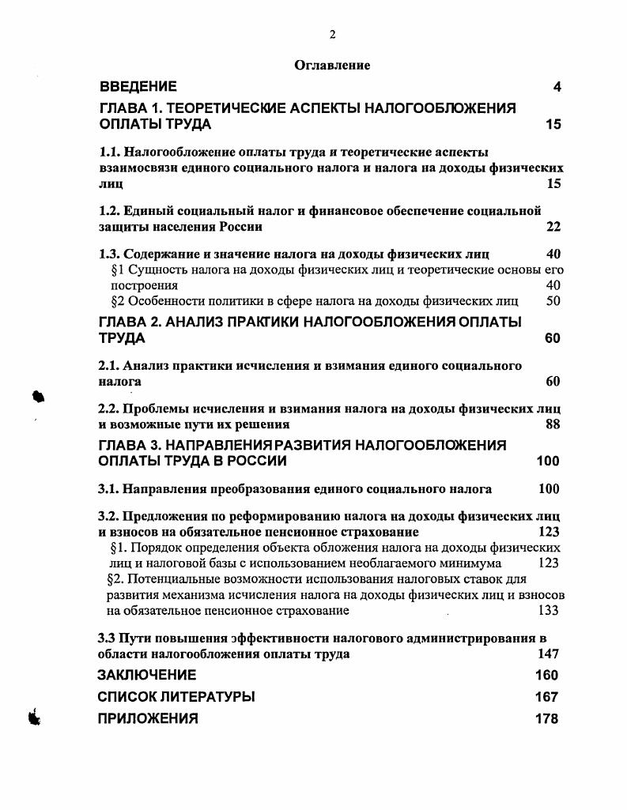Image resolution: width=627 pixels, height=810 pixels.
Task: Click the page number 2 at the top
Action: [x=332, y=34]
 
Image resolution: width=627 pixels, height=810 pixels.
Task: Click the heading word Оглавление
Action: [x=332, y=66]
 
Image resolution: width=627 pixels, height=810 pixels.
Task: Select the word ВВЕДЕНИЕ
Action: [x=138, y=86]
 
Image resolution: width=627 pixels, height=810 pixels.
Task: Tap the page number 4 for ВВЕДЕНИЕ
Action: [x=557, y=87]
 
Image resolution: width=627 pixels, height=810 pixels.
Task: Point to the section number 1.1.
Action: [x=108, y=152]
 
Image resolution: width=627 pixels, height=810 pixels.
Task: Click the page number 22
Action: [x=553, y=227]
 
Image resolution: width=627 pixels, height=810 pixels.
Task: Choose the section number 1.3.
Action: [x=108, y=254]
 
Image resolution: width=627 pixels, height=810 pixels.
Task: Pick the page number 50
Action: [x=553, y=300]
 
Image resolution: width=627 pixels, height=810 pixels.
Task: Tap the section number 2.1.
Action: [x=108, y=365]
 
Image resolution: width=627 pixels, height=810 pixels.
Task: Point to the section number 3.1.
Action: [x=108, y=489]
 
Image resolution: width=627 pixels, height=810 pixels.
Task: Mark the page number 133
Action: [x=548, y=610]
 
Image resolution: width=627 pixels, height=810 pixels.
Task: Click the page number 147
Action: [x=548, y=654]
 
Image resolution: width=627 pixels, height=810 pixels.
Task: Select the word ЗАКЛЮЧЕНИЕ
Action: [x=146, y=675]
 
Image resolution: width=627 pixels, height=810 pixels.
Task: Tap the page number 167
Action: [x=546, y=697]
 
